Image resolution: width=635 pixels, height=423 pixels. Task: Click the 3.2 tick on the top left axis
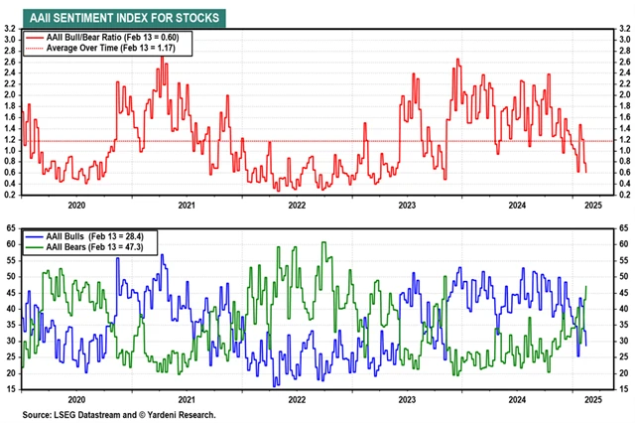click(10, 31)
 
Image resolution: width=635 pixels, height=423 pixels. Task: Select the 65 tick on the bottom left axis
click(10, 226)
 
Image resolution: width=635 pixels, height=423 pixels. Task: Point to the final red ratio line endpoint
click(586, 172)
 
